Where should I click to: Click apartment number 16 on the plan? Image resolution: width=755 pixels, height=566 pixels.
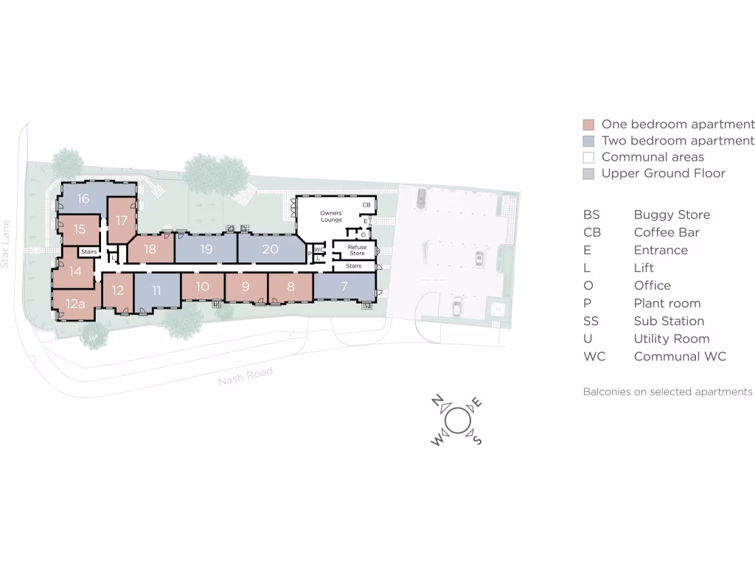(x=83, y=199)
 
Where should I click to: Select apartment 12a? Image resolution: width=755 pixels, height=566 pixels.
(x=75, y=304)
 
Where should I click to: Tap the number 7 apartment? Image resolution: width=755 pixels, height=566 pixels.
(x=344, y=286)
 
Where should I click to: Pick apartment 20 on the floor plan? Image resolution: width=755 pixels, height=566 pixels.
(x=270, y=249)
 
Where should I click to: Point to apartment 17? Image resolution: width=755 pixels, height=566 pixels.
(x=122, y=220)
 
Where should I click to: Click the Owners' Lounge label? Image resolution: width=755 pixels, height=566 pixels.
(x=332, y=216)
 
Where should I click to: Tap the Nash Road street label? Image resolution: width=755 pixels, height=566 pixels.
(x=246, y=376)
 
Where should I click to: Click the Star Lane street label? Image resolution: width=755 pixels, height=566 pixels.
(x=7, y=243)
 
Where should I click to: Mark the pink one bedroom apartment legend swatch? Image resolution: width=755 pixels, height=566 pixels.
(x=588, y=125)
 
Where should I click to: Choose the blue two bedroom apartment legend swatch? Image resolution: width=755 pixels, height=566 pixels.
(x=588, y=141)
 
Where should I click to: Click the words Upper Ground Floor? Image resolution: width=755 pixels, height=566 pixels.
(x=663, y=173)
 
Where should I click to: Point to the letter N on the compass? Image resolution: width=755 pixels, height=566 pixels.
(x=437, y=401)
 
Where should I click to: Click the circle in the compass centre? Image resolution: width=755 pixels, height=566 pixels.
(x=456, y=420)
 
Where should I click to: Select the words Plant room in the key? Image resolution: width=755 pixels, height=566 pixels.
(x=667, y=303)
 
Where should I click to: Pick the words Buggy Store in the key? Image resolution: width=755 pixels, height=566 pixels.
(x=672, y=214)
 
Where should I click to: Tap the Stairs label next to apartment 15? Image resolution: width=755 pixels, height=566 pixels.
(x=88, y=252)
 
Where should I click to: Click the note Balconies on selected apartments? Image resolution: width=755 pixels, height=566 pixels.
(x=668, y=391)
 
